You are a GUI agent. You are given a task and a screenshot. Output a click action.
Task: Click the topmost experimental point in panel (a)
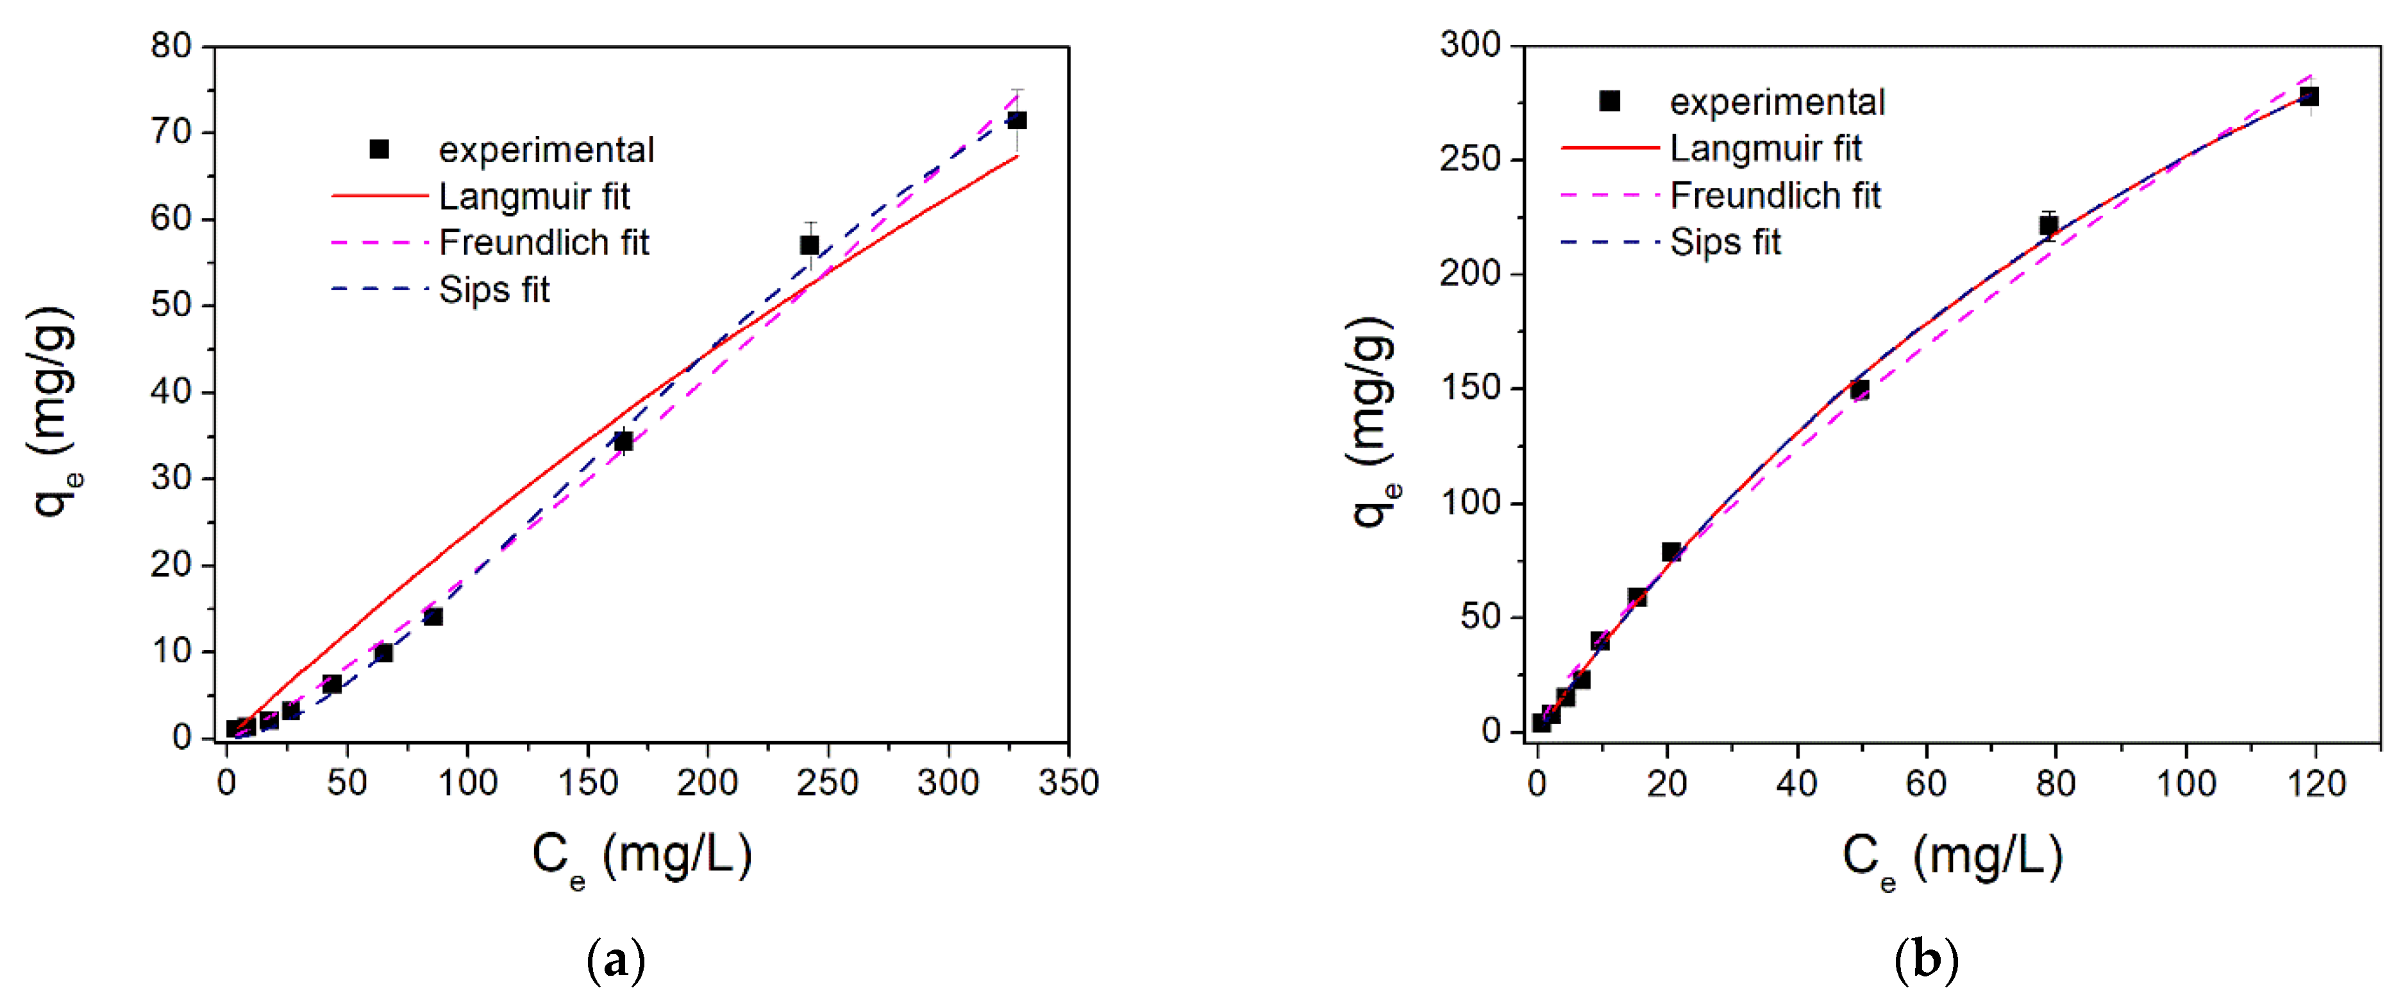(1017, 121)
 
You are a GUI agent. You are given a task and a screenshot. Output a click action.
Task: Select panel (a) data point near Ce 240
(808, 246)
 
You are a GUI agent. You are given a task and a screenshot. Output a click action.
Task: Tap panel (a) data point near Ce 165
(623, 441)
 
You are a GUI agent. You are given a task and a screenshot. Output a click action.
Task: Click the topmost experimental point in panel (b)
(2309, 97)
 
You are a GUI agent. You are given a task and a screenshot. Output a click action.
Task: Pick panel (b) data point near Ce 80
(2048, 225)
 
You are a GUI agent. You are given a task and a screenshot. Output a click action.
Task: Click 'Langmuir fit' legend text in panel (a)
(535, 197)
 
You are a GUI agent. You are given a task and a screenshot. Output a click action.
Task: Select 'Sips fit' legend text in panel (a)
(494, 290)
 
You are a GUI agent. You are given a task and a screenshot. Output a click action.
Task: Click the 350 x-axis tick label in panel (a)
(1068, 782)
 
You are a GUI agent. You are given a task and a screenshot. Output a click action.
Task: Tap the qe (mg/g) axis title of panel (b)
(1374, 420)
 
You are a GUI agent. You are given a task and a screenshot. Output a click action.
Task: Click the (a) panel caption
(615, 959)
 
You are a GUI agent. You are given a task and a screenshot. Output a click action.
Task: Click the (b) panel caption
(1927, 959)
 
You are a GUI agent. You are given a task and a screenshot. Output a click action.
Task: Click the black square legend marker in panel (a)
(380, 149)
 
